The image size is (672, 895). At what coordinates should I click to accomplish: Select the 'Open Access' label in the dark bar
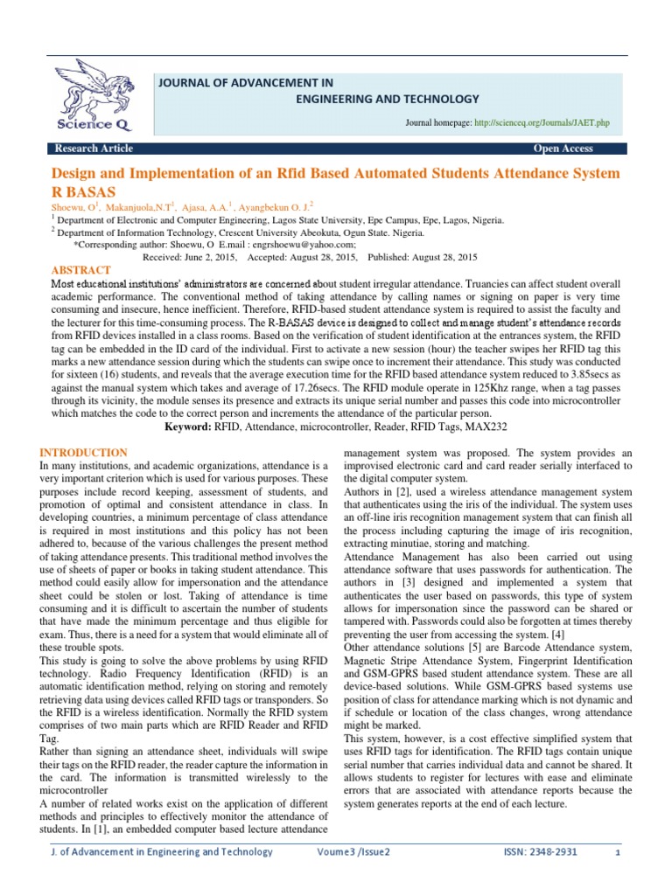(x=563, y=149)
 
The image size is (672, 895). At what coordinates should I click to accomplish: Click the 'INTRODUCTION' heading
(x=84, y=453)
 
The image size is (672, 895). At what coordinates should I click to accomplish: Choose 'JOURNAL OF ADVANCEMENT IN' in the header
(x=245, y=82)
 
